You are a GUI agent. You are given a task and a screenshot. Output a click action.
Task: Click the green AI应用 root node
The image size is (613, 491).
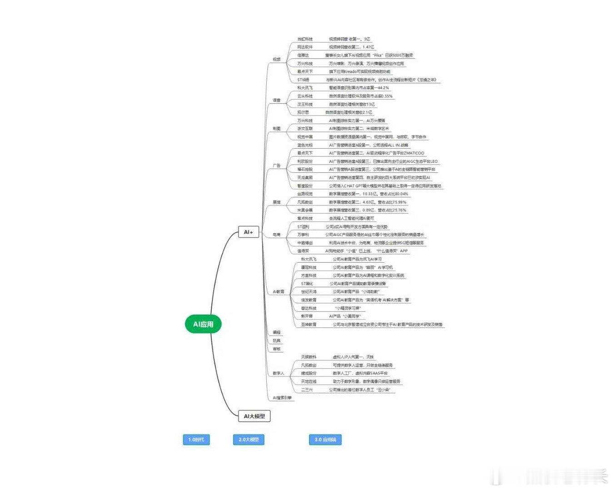tap(203, 324)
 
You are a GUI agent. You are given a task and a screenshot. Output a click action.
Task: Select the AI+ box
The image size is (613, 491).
tap(248, 232)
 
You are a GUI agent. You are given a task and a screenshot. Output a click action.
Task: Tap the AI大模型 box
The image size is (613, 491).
tap(254, 416)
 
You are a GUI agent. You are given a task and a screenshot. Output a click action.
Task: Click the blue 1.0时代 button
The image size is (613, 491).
tap(196, 440)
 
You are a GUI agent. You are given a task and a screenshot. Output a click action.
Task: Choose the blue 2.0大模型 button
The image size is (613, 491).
tap(249, 440)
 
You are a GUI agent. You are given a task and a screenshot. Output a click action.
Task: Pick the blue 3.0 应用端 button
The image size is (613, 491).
tap(325, 440)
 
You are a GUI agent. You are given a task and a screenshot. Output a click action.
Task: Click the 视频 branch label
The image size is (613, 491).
tap(276, 60)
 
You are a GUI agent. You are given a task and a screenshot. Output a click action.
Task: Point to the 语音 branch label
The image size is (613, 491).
tap(276, 100)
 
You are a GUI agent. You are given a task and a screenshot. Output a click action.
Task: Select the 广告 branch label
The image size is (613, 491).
tap(276, 166)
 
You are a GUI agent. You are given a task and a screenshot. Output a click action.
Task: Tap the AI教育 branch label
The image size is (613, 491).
tap(279, 291)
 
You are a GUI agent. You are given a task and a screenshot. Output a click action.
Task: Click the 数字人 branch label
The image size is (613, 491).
tap(279, 373)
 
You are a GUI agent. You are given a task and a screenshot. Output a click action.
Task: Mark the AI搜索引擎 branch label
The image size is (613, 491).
tap(282, 398)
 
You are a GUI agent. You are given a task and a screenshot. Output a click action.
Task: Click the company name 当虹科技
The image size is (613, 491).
tap(305, 39)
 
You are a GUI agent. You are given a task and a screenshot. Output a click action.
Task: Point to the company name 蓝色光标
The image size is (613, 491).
tap(305, 145)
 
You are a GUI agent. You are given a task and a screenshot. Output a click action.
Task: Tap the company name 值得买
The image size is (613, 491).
tap(303, 251)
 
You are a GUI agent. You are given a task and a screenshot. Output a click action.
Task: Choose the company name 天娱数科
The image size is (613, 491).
tap(309, 357)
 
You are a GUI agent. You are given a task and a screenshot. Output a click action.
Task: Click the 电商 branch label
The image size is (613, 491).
tap(276, 235)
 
